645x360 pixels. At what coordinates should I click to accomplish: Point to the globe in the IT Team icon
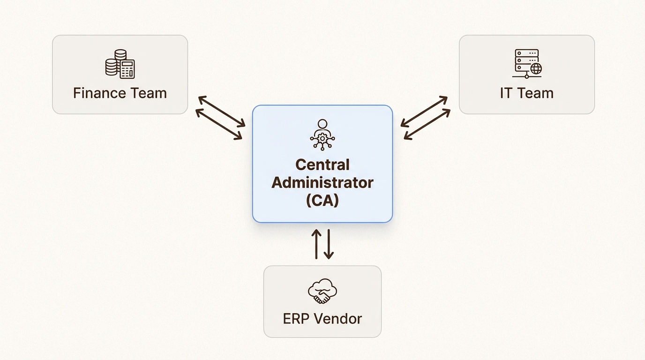(x=535, y=69)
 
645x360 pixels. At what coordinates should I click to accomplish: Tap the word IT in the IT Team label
(x=506, y=93)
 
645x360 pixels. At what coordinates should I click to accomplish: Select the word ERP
(x=297, y=319)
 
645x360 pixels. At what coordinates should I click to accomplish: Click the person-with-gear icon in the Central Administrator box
(x=322, y=135)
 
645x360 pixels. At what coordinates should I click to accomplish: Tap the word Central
(x=322, y=165)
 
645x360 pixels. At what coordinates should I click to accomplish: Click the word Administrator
(x=322, y=182)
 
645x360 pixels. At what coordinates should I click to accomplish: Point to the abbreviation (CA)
(x=322, y=200)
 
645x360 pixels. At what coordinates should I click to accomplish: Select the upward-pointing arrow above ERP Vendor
(x=316, y=244)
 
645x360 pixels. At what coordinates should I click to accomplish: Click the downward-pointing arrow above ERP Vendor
(x=329, y=244)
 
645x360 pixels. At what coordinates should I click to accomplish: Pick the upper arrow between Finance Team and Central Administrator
(x=222, y=112)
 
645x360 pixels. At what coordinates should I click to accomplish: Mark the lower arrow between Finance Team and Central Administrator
(x=219, y=124)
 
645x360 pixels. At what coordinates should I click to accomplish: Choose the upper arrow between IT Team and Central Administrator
(x=424, y=112)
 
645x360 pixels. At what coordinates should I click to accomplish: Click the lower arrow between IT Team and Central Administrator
(x=427, y=124)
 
